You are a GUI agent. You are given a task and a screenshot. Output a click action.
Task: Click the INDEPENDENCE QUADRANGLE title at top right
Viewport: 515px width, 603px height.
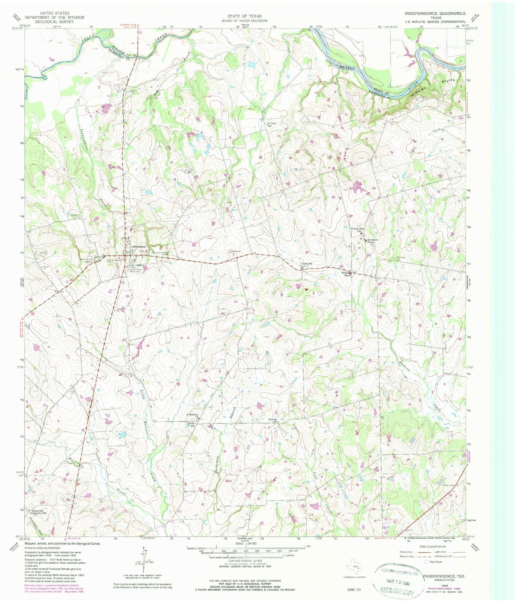click(435, 13)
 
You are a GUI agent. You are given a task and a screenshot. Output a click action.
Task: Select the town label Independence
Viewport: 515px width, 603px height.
click(139, 247)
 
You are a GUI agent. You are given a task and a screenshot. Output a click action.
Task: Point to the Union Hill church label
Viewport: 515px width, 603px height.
click(307, 264)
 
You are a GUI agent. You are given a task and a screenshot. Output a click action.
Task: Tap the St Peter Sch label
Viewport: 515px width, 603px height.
click(272, 125)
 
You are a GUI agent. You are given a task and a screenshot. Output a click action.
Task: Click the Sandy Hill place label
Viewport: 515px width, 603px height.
click(191, 424)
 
